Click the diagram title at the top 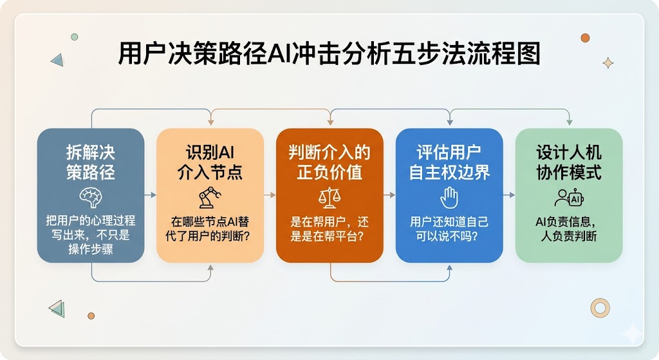click(329, 53)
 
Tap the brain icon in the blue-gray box click(91, 197)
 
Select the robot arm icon click(210, 198)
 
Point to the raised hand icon click(449, 198)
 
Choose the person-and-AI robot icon click(569, 198)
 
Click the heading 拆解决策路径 click(91, 162)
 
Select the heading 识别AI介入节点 click(210, 162)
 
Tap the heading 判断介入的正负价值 click(329, 162)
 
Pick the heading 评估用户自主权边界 click(449, 162)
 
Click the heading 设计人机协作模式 click(569, 162)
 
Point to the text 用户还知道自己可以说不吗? click(449, 229)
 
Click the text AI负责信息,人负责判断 click(569, 229)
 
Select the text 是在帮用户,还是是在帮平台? click(329, 229)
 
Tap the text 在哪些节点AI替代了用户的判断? click(210, 229)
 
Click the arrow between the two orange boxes click(270, 195)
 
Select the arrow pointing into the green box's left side click(509, 195)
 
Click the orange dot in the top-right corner click(585, 38)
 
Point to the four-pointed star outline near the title click(608, 63)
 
